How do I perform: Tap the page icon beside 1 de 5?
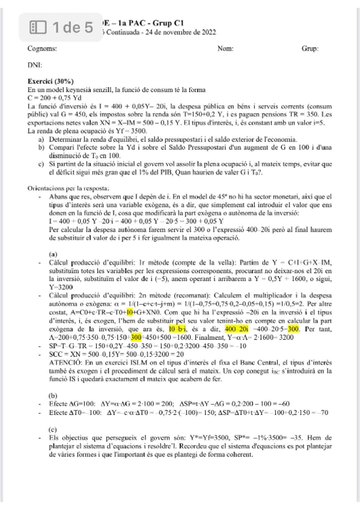pos(39,27)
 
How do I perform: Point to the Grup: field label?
pos(310,48)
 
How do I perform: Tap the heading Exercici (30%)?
pos(51,81)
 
